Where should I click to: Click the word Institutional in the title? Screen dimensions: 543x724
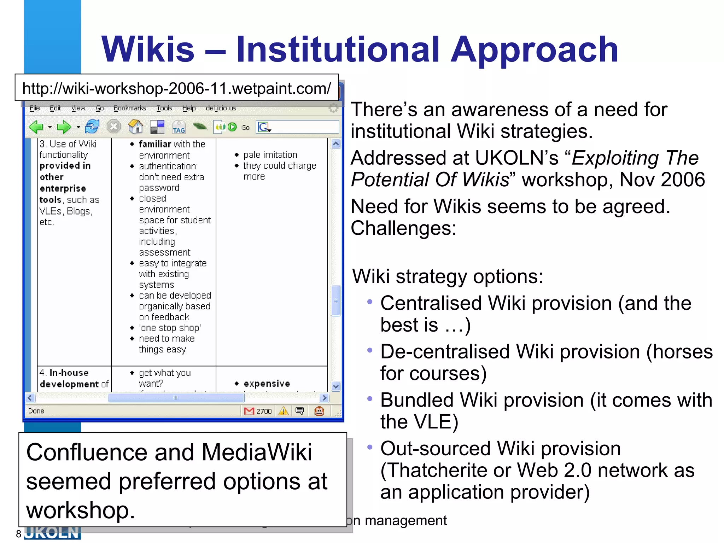pyautogui.click(x=338, y=49)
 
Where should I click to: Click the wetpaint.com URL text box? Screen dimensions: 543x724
pyautogui.click(x=176, y=88)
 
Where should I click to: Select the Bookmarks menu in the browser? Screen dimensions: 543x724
pyautogui.click(x=130, y=108)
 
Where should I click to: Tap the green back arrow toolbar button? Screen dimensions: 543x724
pyautogui.click(x=36, y=127)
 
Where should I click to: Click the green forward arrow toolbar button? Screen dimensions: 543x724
pyautogui.click(x=64, y=127)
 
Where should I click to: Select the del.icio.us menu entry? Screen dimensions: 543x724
pyautogui.click(x=221, y=108)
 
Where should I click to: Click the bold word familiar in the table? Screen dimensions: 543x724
pyautogui.click(x=154, y=144)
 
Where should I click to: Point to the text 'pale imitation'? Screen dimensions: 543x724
pyautogui.click(x=270, y=155)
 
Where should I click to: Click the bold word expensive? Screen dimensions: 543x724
pyautogui.click(x=267, y=384)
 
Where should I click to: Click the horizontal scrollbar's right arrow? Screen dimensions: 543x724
pyautogui.click(x=324, y=398)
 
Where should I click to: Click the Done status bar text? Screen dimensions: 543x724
pyautogui.click(x=36, y=411)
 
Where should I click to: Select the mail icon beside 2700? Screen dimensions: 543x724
pyautogui.click(x=249, y=411)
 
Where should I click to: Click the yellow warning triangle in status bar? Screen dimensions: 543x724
pyautogui.click(x=283, y=411)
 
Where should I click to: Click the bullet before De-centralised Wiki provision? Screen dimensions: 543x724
pyautogui.click(x=370, y=350)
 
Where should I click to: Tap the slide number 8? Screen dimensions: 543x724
pyautogui.click(x=18, y=534)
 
